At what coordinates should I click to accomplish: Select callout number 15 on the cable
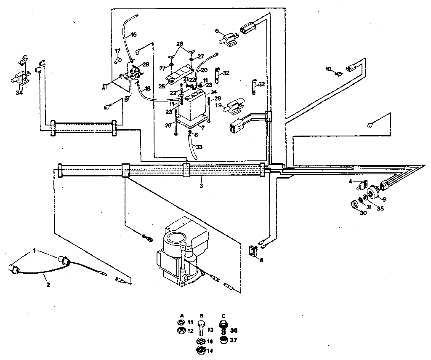133,35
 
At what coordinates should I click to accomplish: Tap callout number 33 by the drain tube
199,147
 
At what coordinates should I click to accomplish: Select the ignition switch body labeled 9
372,194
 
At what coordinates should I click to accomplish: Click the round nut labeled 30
354,205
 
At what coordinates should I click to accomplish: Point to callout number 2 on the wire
48,285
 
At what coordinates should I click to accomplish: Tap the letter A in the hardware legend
182,315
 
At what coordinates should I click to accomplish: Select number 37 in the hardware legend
234,339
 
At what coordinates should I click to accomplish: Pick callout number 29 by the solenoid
146,64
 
